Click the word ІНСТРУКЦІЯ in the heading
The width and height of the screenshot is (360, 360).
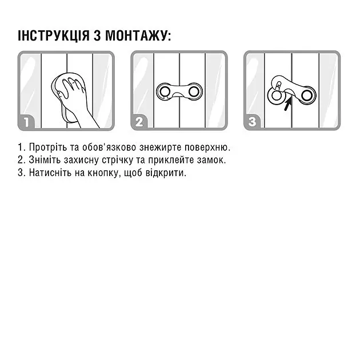54,35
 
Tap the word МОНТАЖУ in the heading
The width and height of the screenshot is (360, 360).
138,36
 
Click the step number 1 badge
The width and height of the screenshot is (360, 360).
27,122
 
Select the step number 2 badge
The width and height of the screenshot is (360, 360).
139,122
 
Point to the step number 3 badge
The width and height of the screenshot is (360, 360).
252,122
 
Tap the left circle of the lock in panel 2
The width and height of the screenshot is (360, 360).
165,91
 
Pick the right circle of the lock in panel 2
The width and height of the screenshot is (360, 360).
194,91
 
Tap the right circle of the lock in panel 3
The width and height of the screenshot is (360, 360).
307,95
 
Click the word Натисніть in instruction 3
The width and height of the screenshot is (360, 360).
50,173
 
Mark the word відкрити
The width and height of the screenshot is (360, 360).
166,173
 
